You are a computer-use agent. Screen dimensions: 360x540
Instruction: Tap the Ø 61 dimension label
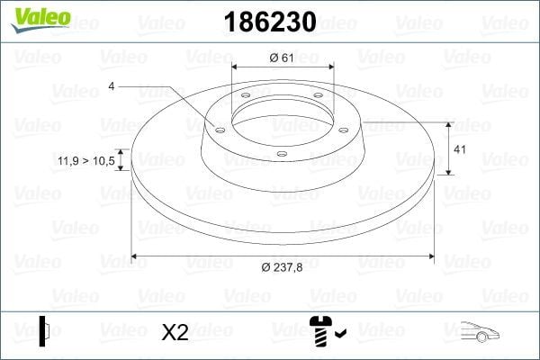tap(281, 58)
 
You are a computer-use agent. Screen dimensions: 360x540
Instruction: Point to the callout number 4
tap(112, 85)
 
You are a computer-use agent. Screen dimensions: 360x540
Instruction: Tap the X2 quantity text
tap(175, 333)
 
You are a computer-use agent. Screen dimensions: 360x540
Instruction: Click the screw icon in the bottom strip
tap(320, 333)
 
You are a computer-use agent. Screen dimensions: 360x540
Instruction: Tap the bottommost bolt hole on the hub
tap(281, 154)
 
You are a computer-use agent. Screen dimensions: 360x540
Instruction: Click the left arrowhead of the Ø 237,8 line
tap(135, 256)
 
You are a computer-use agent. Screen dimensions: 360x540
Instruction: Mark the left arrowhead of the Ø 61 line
tap(236, 68)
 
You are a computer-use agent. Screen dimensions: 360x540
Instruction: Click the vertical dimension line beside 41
tap(449, 148)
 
